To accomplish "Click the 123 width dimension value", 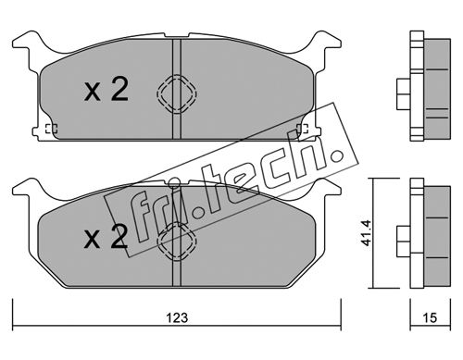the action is pos(177,317).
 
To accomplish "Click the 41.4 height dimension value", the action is pos(366,233).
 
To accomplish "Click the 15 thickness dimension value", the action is pos(430,317).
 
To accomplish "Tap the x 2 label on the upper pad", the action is pos(106,89).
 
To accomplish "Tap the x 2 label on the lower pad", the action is pos(106,237).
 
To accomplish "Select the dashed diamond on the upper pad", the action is pos(177,93).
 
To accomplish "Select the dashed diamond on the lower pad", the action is pos(177,242).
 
